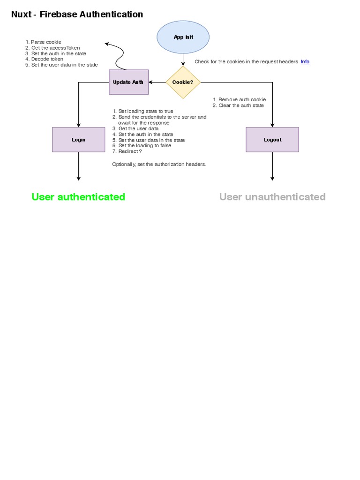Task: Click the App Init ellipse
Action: [x=183, y=37]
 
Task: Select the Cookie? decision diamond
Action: [x=183, y=82]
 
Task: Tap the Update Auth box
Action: [x=129, y=82]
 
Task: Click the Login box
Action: [x=78, y=140]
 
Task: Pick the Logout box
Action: [x=272, y=140]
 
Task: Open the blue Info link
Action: [x=305, y=62]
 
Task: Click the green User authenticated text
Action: [x=78, y=197]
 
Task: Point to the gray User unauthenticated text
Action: [x=272, y=197]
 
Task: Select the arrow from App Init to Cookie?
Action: [x=183, y=59]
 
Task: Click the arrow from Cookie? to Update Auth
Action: [x=157, y=82]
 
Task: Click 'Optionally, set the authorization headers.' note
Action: [x=159, y=165]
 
